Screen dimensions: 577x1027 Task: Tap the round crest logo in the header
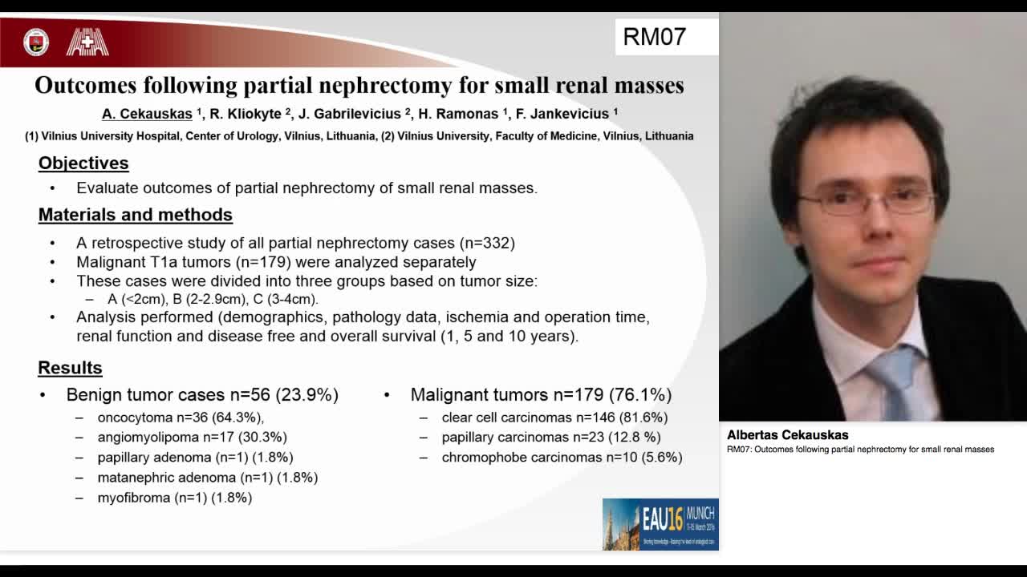point(36,42)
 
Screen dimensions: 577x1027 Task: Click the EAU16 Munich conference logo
point(660,524)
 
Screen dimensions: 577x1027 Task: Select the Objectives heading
point(83,163)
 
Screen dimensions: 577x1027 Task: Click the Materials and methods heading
point(136,215)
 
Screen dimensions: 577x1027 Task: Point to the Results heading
point(70,368)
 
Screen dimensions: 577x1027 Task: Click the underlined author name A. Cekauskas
point(147,114)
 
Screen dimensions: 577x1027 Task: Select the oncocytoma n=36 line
point(181,418)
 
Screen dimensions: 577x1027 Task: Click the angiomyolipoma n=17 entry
point(192,438)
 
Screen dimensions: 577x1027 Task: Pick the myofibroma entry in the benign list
point(174,498)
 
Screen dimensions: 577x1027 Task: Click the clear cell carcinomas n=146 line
point(554,418)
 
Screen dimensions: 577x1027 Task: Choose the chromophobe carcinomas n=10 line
point(562,458)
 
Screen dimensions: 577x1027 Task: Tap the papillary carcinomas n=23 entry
point(550,438)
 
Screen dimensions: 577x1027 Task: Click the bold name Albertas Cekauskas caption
point(787,435)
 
